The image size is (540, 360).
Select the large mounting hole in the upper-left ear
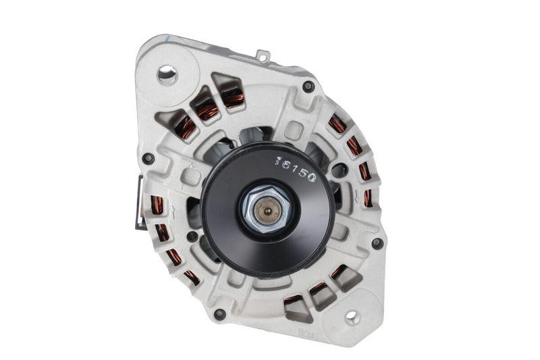[x=167, y=74]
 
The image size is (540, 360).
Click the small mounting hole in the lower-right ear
[x=352, y=316]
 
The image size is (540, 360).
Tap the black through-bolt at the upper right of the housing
[x=308, y=86]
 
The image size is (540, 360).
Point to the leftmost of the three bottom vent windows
[x=295, y=307]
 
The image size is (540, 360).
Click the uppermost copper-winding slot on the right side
[x=336, y=124]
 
